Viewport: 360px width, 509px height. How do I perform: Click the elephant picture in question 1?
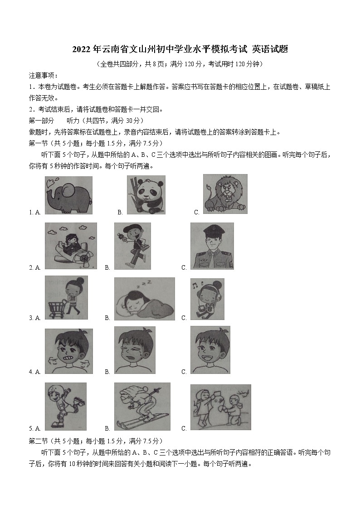click(x=69, y=195)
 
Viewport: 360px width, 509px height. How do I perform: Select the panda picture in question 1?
click(x=146, y=195)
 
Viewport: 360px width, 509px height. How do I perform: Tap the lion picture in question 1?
click(x=225, y=194)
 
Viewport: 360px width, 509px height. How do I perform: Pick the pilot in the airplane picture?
click(x=70, y=246)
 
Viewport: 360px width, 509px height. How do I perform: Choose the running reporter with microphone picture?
click(x=132, y=247)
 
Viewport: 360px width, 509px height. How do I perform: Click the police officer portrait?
click(x=212, y=246)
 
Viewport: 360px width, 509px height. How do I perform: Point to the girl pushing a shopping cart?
click(x=66, y=297)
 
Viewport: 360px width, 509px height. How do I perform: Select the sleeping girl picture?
click(x=144, y=299)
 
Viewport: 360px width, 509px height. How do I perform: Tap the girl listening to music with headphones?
click(x=208, y=299)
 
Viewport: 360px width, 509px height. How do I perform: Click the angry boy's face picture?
click(x=68, y=351)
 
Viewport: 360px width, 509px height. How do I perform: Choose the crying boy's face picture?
click(x=134, y=350)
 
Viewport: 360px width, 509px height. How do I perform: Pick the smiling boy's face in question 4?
click(x=210, y=350)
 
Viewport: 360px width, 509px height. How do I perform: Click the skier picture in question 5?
click(x=142, y=407)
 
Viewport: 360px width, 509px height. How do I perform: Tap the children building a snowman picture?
click(x=220, y=407)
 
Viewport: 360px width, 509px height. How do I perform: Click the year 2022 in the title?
click(x=82, y=49)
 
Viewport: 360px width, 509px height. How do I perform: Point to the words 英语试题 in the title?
click(x=270, y=49)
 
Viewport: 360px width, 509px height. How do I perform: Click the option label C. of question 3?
click(x=184, y=318)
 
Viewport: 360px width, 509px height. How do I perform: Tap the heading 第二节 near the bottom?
click(x=38, y=441)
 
